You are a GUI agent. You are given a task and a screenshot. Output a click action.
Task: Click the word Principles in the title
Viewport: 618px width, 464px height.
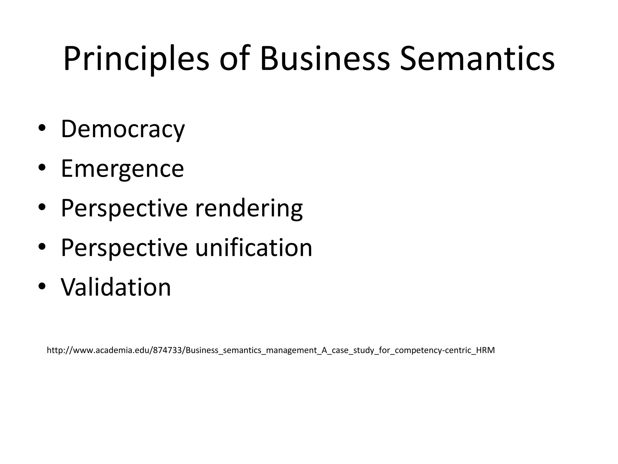[x=136, y=59]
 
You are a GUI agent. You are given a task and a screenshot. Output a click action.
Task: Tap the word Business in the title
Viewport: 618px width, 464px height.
[x=325, y=59]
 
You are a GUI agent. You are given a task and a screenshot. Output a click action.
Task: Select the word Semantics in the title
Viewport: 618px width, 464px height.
[x=477, y=59]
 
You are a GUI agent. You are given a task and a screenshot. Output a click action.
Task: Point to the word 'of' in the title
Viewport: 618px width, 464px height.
[x=235, y=59]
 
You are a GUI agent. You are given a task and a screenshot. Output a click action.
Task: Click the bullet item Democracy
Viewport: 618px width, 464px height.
[x=123, y=129]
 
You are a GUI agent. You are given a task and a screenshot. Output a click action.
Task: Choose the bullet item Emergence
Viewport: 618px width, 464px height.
[x=122, y=169]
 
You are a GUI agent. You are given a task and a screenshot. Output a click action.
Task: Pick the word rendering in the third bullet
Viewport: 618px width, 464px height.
[x=249, y=208]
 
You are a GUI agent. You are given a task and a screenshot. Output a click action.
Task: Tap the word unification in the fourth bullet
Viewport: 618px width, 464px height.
[x=253, y=248]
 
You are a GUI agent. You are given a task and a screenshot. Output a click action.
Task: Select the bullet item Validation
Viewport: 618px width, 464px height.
[x=116, y=287]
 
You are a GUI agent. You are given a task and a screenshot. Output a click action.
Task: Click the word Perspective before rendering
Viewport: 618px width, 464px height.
[x=124, y=208]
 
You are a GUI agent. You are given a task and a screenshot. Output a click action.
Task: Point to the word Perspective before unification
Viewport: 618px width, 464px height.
[x=124, y=248]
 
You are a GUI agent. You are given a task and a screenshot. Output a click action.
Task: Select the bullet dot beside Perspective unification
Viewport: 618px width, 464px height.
[x=42, y=246]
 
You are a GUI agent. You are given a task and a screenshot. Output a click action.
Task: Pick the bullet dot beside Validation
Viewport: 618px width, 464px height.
[x=42, y=286]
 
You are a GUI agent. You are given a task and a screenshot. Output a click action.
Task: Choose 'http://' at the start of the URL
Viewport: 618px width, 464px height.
[x=59, y=350]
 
